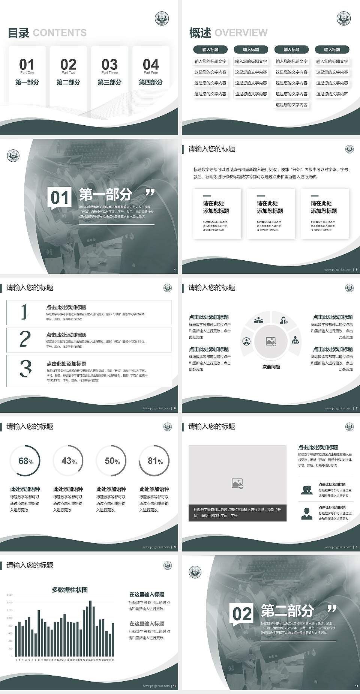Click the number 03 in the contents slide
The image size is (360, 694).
click(109, 64)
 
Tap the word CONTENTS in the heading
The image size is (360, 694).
click(60, 33)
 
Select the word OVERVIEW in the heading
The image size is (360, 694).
click(241, 33)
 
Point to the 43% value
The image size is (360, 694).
click(69, 461)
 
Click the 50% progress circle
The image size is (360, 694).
click(112, 461)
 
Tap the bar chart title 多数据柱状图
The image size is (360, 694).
click(70, 590)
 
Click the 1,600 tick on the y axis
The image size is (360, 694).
click(9, 595)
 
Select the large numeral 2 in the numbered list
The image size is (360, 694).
click(25, 339)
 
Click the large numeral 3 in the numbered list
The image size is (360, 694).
click(25, 368)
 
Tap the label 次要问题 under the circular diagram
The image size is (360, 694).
click(271, 367)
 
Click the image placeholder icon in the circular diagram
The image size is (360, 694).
click(271, 341)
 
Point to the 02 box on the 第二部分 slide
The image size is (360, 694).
click(242, 614)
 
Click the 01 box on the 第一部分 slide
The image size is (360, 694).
click(60, 198)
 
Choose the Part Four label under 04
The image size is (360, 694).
click(151, 73)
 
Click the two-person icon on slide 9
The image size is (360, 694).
click(307, 490)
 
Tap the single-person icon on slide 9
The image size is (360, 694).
click(307, 513)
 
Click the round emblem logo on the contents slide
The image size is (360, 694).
click(162, 18)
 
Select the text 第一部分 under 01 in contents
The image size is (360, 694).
click(27, 82)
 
